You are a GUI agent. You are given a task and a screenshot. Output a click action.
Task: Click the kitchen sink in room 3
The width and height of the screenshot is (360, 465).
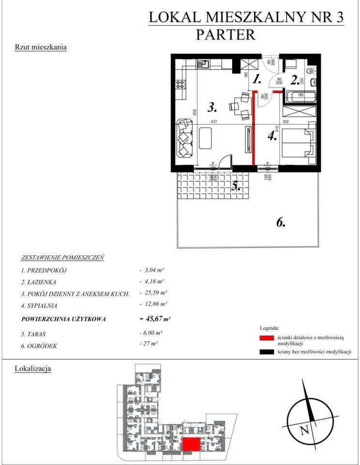[203, 64]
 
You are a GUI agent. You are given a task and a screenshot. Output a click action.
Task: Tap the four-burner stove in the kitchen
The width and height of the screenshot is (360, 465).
[181, 85]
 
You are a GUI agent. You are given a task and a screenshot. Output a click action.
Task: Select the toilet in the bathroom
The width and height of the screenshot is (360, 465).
[311, 68]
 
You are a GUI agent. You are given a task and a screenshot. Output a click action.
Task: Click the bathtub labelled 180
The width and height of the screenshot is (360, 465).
[300, 95]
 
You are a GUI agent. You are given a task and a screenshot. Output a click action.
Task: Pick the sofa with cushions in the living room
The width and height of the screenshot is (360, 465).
[184, 139]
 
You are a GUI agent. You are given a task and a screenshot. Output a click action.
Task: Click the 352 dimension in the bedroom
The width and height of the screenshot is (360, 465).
[285, 122]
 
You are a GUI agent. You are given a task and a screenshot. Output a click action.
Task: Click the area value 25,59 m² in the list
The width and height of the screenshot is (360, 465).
[153, 293]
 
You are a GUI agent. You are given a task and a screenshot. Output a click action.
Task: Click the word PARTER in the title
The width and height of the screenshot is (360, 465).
[225, 34]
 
